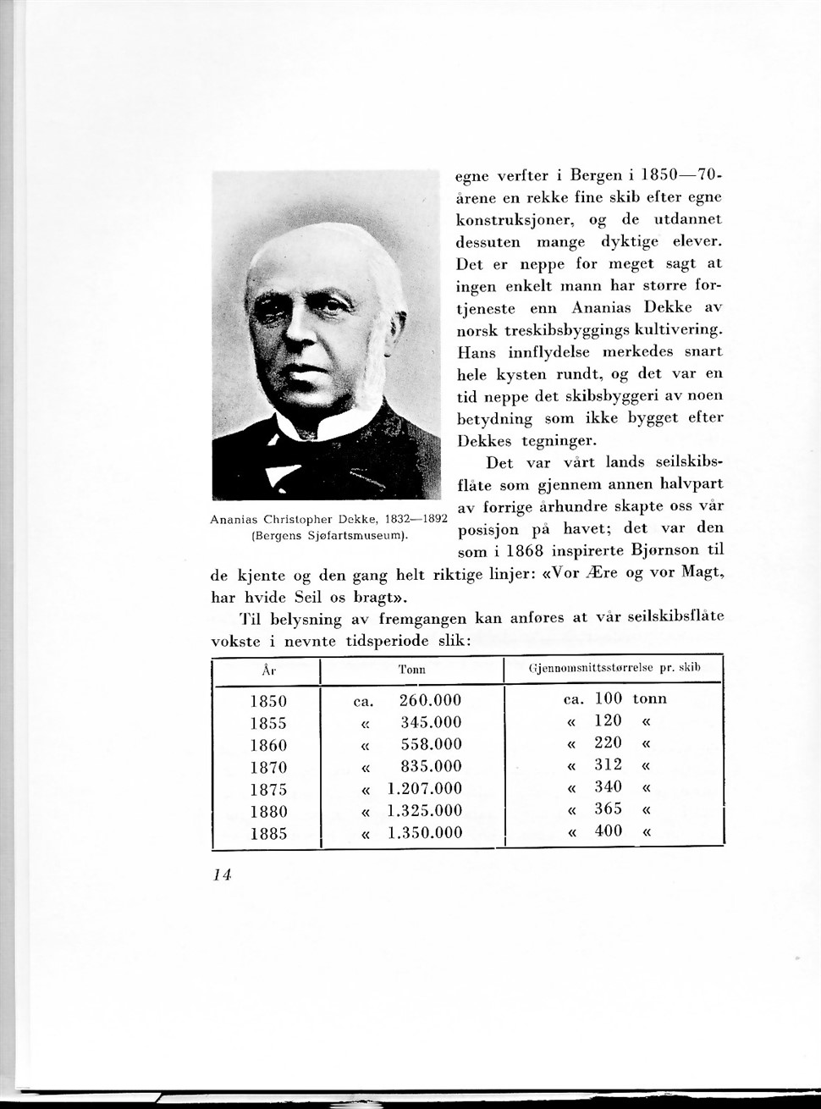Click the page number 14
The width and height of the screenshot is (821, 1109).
[223, 875]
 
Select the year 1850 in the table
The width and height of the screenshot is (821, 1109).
[268, 701]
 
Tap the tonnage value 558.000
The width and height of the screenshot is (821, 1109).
[431, 745]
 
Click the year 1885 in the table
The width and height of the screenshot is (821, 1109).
[268, 833]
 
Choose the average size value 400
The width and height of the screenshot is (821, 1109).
[608, 831]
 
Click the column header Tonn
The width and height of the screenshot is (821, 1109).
[411, 670]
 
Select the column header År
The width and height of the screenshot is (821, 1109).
[267, 670]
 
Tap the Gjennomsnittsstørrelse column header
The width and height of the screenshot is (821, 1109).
[614, 668]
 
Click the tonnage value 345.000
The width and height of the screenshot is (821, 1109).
[431, 723]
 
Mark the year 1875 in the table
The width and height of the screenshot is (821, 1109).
[268, 789]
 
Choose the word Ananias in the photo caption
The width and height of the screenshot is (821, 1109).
[234, 519]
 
